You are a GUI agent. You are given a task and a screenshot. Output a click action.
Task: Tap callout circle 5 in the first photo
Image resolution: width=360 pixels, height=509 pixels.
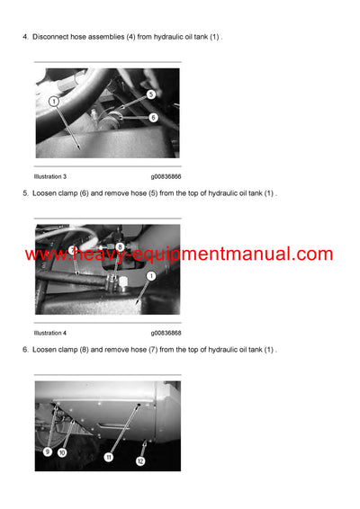[x=150, y=94]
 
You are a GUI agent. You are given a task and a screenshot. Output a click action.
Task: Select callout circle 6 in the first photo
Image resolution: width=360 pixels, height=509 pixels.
[x=153, y=117]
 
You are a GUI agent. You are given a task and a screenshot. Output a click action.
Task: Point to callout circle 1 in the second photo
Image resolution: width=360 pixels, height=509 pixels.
[x=150, y=276]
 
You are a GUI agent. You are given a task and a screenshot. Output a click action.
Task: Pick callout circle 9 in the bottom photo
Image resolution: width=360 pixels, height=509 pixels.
[x=47, y=451]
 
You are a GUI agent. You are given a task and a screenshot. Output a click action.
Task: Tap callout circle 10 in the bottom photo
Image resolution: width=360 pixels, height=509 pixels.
[x=62, y=453]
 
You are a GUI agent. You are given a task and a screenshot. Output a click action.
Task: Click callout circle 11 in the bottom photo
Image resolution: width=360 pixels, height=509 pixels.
[x=109, y=457]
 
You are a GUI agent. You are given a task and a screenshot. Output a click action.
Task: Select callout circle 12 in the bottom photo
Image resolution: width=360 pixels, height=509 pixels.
[x=139, y=461]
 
